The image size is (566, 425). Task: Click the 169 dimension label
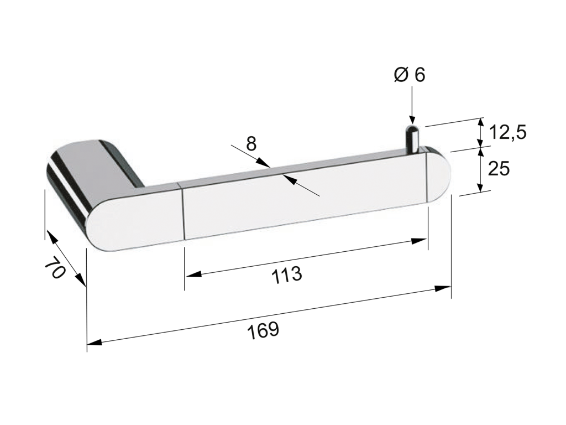263,330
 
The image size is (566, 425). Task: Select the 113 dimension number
287,275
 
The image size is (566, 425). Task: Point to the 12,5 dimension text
507,132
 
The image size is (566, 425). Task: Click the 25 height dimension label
499,168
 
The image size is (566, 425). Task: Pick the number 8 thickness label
251,144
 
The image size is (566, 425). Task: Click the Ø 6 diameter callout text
410,75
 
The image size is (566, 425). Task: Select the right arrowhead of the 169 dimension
443,288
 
